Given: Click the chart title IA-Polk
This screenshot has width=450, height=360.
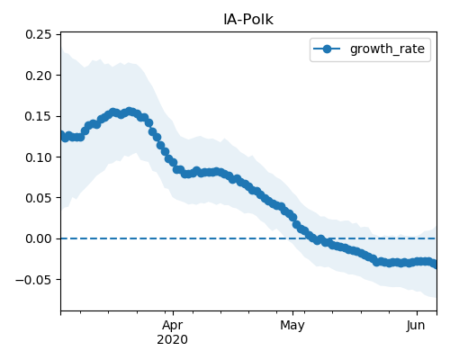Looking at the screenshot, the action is pyautogui.click(x=248, y=20).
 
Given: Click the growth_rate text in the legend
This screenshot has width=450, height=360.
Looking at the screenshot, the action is pyautogui.click(x=387, y=49).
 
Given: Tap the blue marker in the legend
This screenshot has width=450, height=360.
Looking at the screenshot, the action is pyautogui.click(x=327, y=49).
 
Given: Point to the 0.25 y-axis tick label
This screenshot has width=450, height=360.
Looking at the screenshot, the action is pyautogui.click(x=38, y=34).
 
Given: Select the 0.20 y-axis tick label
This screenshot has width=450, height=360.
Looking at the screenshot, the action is pyautogui.click(x=38, y=76).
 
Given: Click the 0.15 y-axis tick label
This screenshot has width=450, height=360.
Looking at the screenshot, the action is pyautogui.click(x=38, y=116).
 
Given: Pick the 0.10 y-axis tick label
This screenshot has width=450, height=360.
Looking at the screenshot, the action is pyautogui.click(x=38, y=157).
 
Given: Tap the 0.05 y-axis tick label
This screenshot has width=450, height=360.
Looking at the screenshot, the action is pyautogui.click(x=38, y=198).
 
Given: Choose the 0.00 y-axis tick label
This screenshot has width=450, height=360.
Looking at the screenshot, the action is pyautogui.click(x=38, y=238).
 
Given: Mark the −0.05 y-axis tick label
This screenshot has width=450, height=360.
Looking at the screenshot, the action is pyautogui.click(x=33, y=280).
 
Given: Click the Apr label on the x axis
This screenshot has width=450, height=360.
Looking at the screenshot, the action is pyautogui.click(x=173, y=325).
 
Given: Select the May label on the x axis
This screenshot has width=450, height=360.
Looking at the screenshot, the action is pyautogui.click(x=292, y=325).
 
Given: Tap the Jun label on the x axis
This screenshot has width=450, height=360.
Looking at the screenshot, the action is pyautogui.click(x=416, y=325).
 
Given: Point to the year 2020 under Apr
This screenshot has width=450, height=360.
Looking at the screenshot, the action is pyautogui.click(x=173, y=339).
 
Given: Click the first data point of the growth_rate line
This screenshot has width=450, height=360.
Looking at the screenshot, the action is pyautogui.click(x=61, y=135).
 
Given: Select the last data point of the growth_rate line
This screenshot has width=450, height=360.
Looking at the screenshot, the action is pyautogui.click(x=434, y=265).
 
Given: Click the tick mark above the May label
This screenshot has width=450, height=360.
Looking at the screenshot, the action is pyautogui.click(x=293, y=313).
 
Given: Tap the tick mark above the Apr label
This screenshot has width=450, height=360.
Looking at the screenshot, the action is pyautogui.click(x=173, y=313).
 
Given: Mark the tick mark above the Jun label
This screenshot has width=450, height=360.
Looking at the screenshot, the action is pyautogui.click(x=417, y=313).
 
